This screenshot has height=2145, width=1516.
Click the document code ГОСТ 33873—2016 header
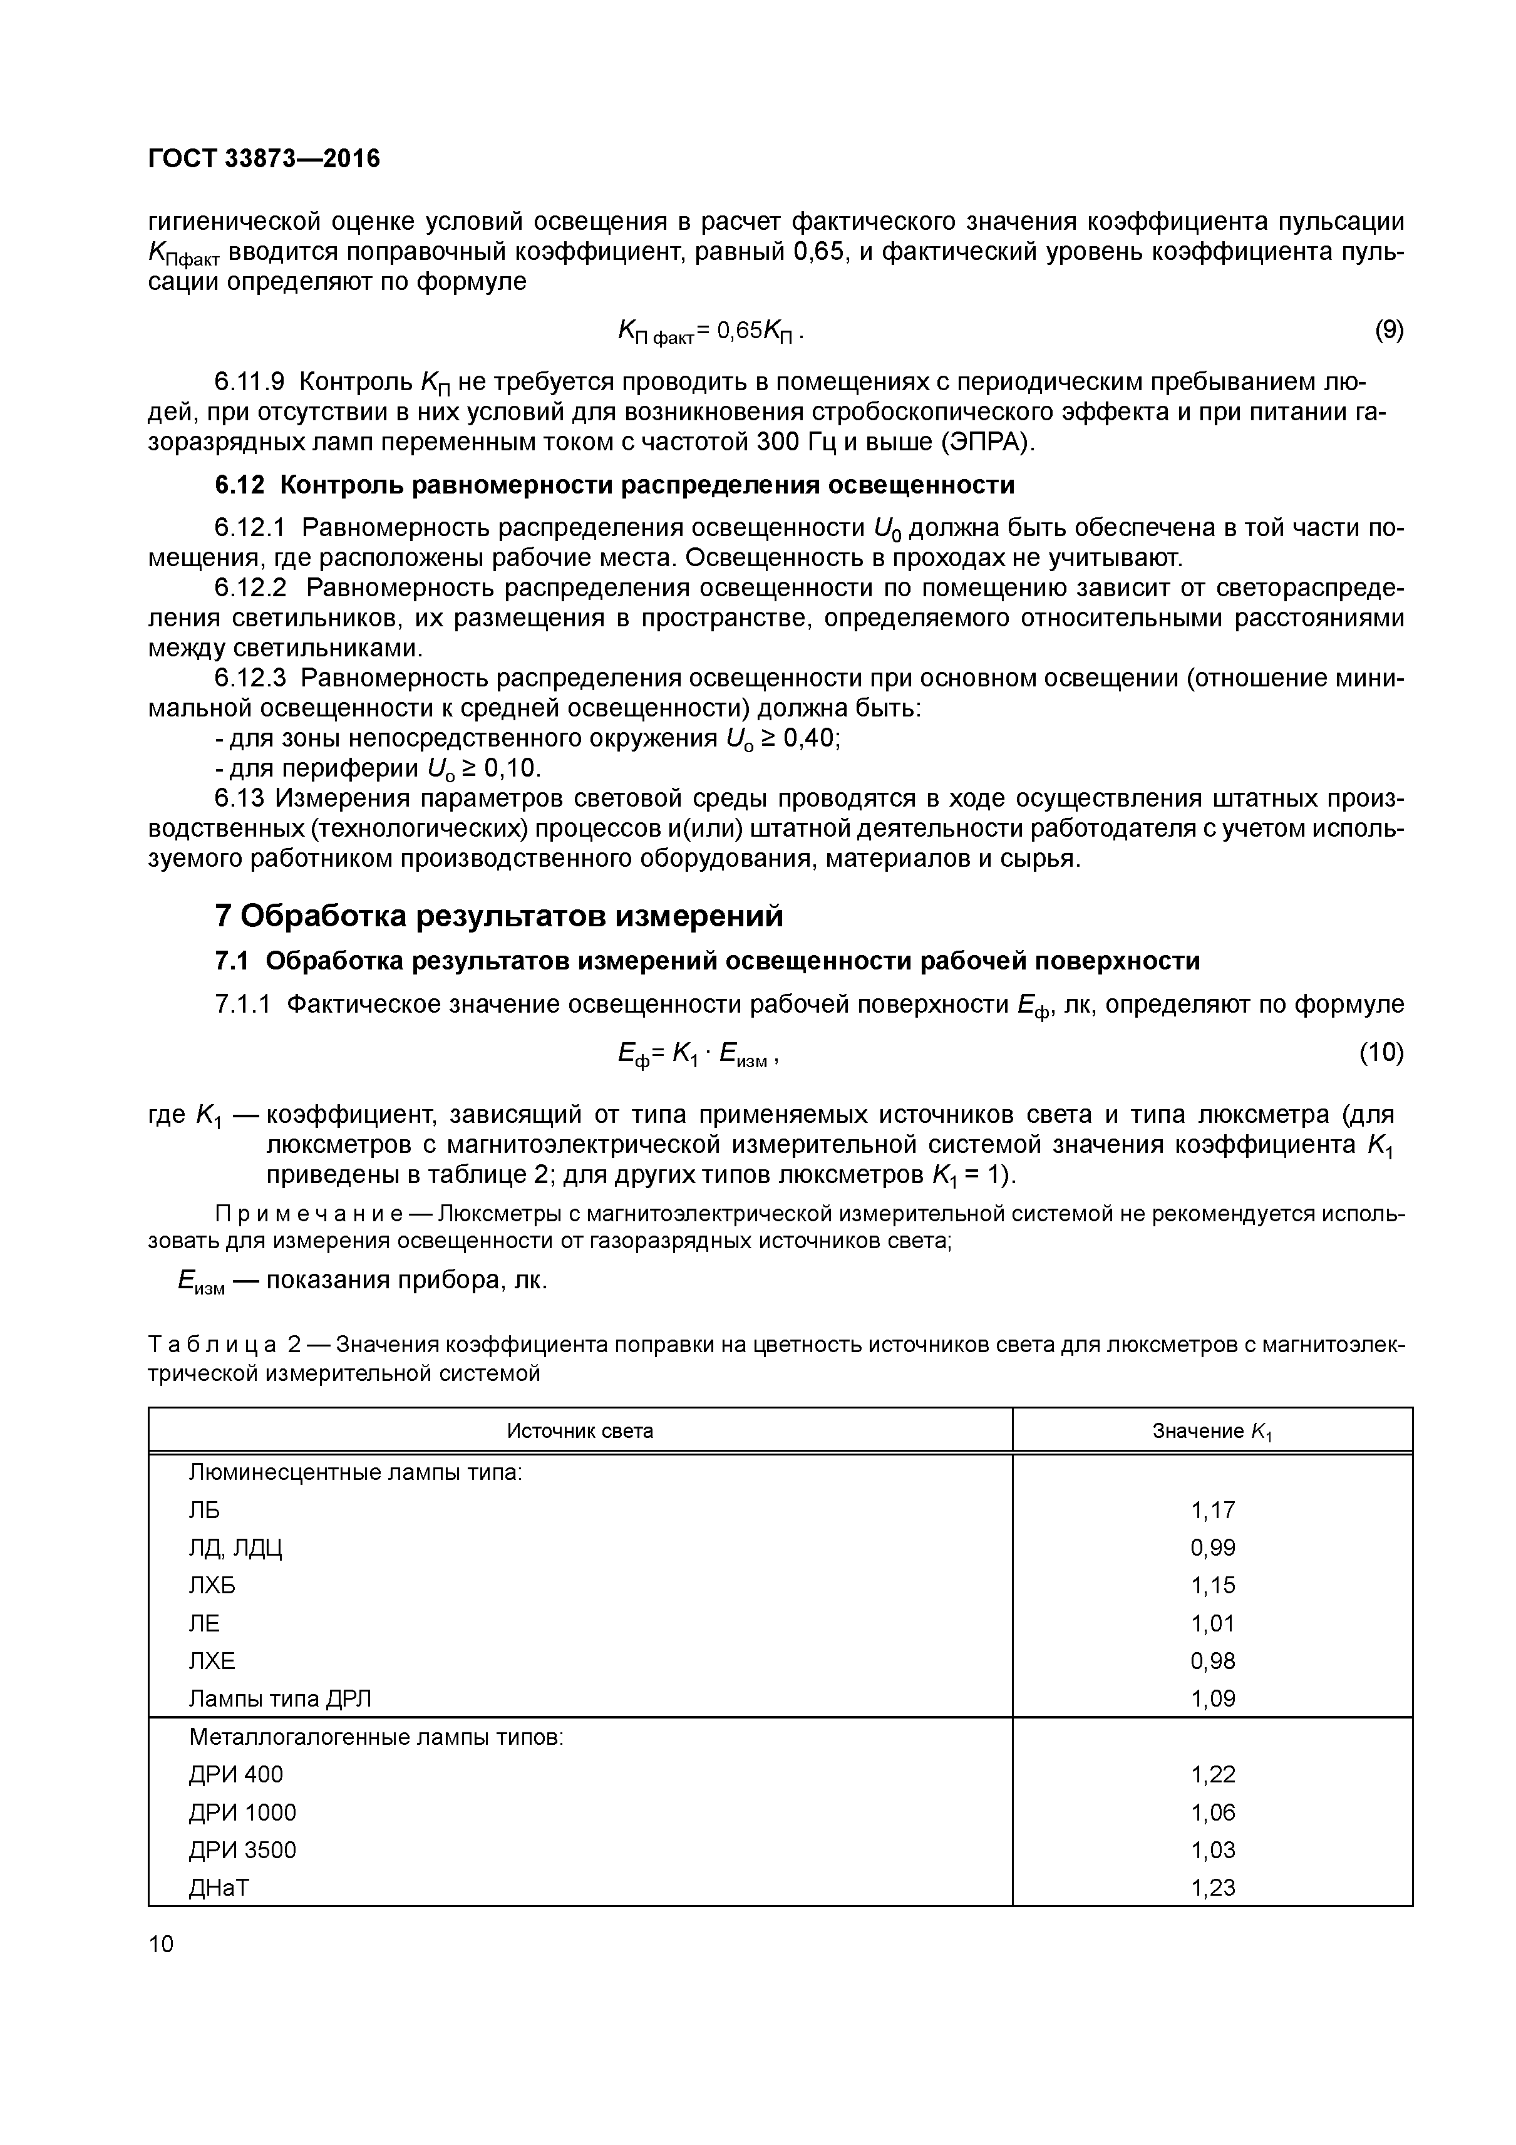pyautogui.click(x=264, y=160)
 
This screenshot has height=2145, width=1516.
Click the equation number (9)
pyautogui.click(x=1389, y=330)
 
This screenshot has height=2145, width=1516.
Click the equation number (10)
pyautogui.click(x=1381, y=1053)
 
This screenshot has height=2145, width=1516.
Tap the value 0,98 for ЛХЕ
pyautogui.click(x=1212, y=1660)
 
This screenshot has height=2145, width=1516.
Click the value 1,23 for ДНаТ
pyautogui.click(x=1212, y=1887)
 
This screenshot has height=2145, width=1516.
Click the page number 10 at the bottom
pyautogui.click(x=161, y=1944)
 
